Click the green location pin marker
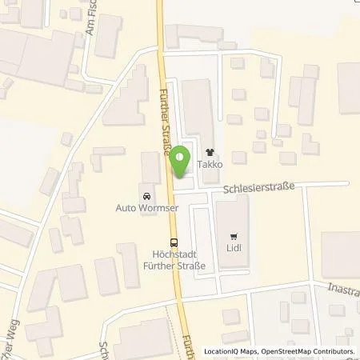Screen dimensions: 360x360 (182, 160)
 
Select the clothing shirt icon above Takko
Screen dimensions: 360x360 (210, 150)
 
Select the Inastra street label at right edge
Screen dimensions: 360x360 (342, 286)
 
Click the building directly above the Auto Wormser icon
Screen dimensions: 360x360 (150, 168)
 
